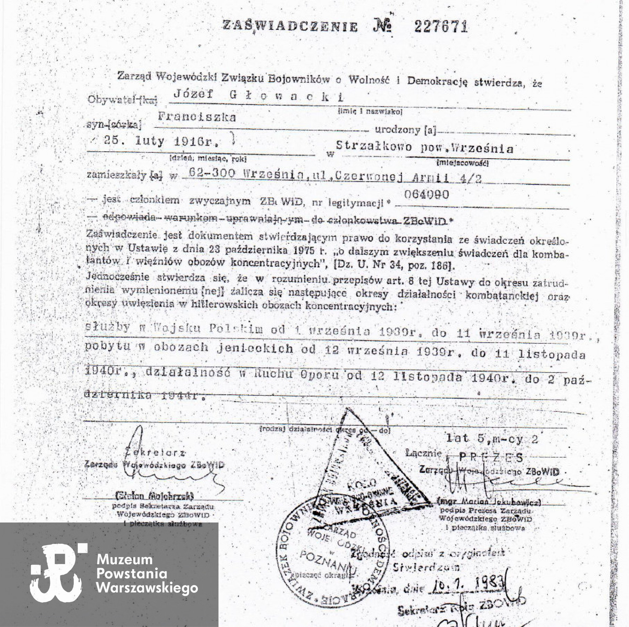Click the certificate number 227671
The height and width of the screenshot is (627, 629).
pyautogui.click(x=440, y=28)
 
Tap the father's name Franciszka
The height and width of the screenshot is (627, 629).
pyautogui.click(x=197, y=117)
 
